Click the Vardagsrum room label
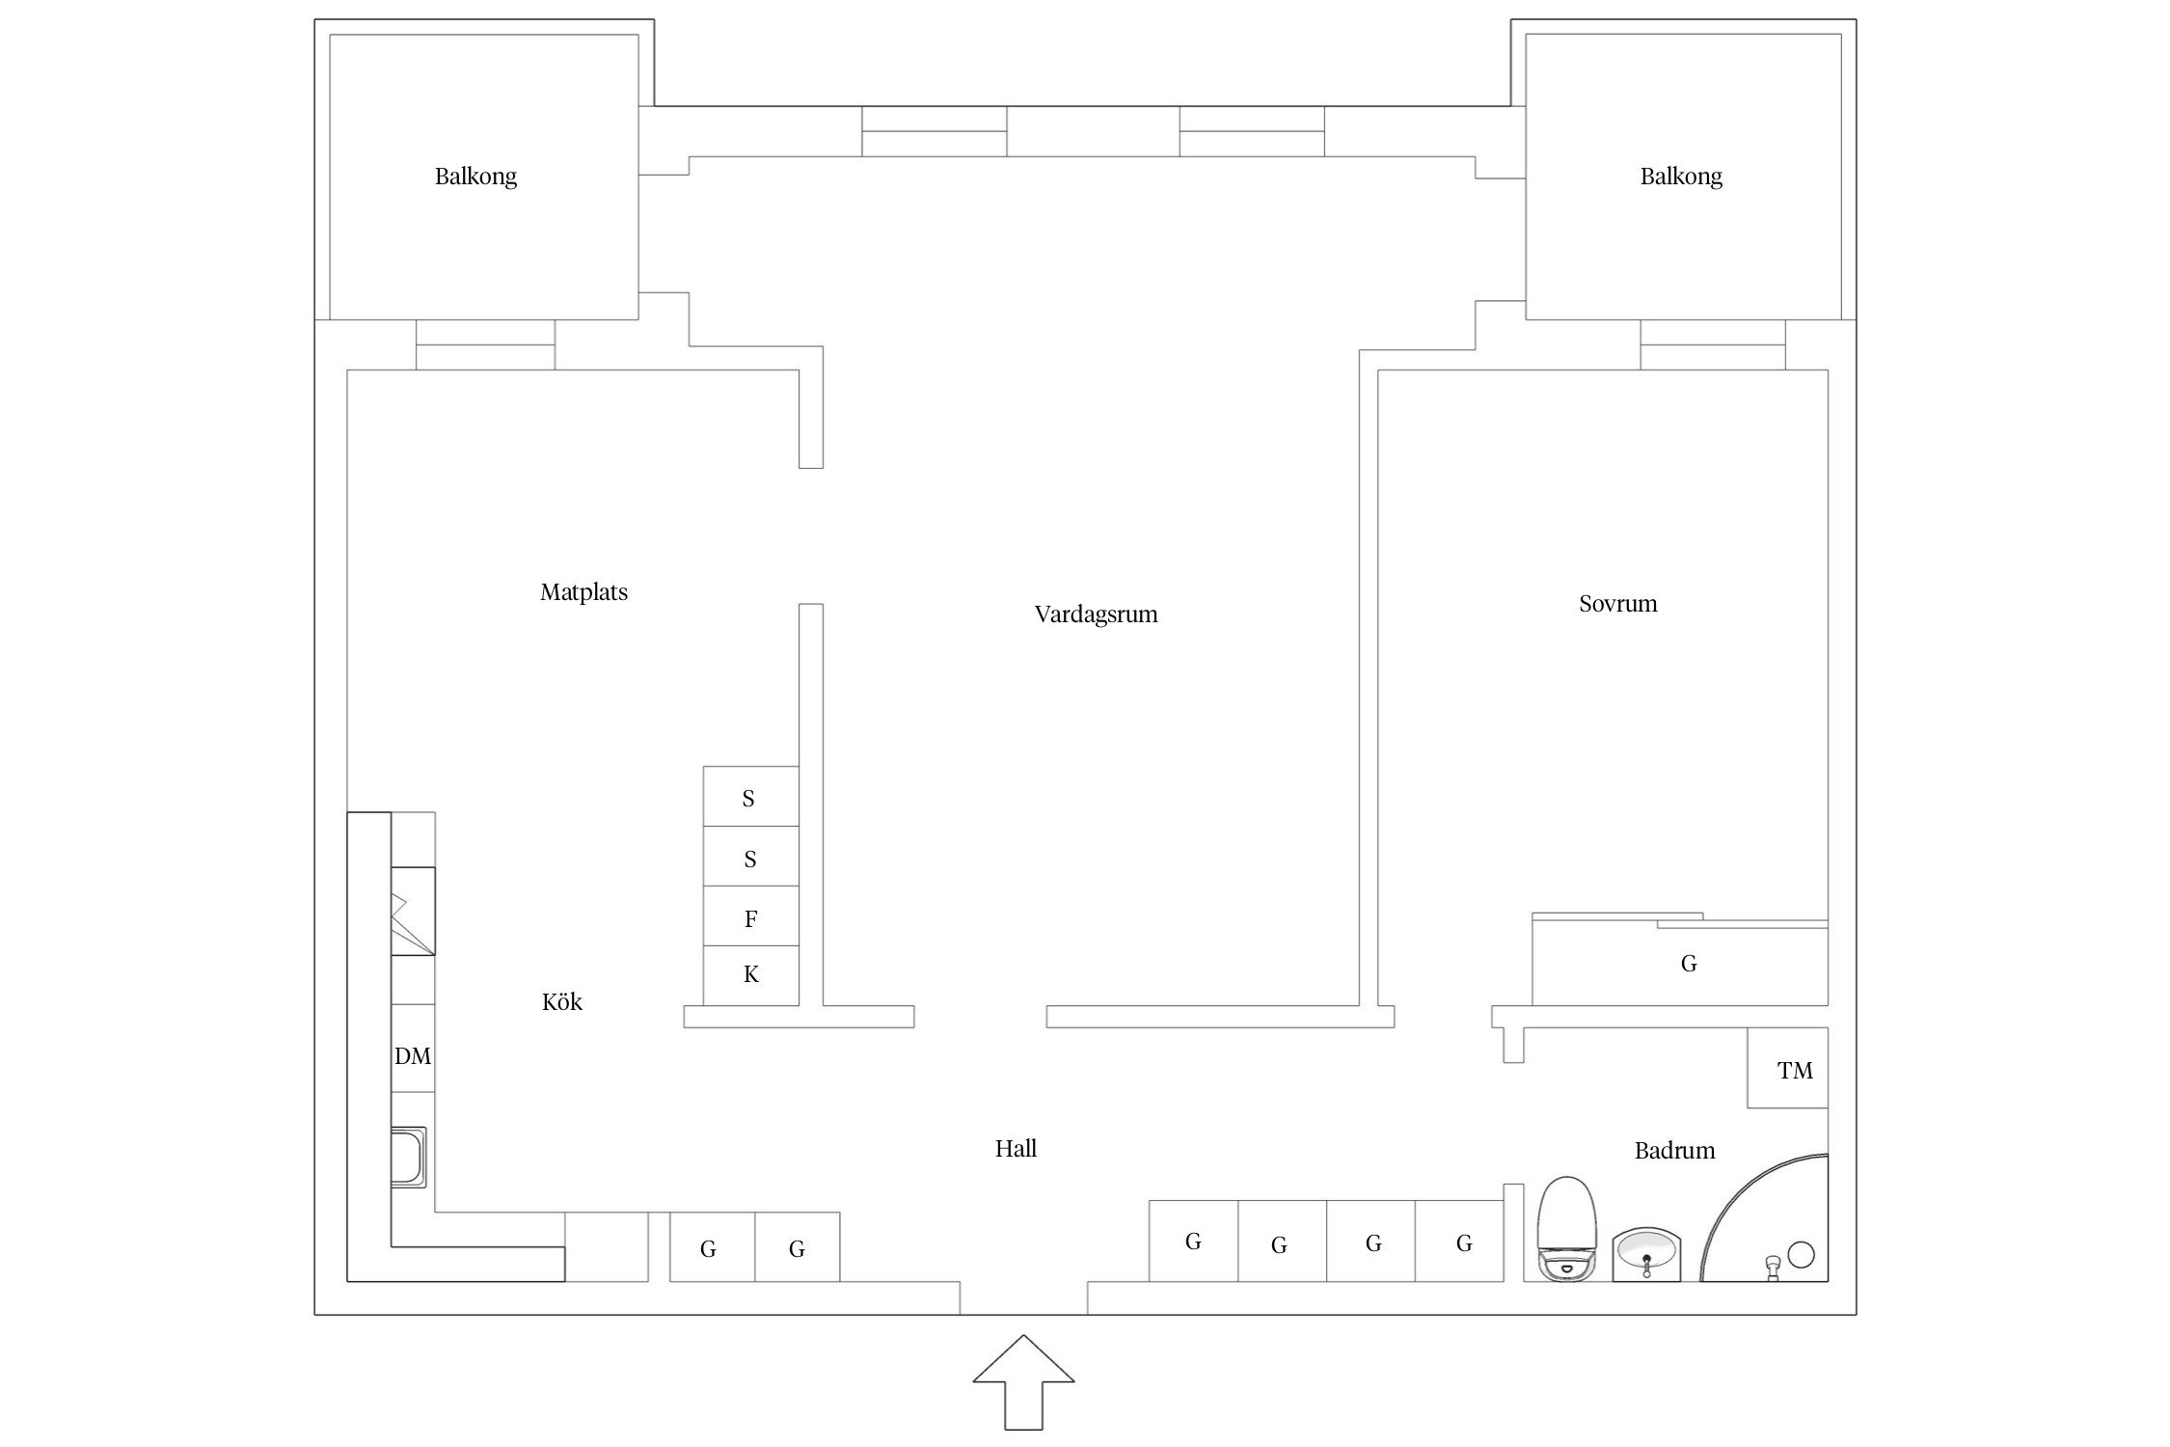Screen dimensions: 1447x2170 coord(1096,614)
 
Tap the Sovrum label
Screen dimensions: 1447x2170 coord(1617,604)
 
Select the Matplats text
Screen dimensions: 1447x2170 coord(583,592)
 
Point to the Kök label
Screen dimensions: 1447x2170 coord(561,1002)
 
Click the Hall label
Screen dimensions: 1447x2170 coord(1016,1148)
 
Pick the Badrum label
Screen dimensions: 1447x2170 coord(1674,1150)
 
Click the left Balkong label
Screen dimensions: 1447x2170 coord(475,177)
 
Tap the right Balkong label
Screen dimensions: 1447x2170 coord(1680,177)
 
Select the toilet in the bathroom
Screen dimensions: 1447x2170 coord(1565,1229)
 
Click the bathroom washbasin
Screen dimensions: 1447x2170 coord(1646,1255)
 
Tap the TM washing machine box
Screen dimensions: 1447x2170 coord(1787,1069)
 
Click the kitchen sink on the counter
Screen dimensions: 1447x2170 coord(408,1157)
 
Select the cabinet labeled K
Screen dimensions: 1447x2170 coord(750,975)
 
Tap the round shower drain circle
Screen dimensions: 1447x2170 coord(1801,1254)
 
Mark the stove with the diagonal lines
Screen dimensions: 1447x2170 coord(413,912)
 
